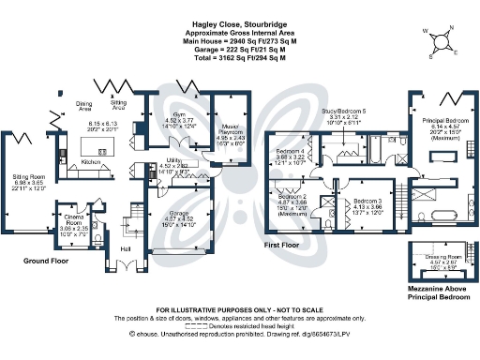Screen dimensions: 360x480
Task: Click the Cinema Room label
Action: pos(73,221)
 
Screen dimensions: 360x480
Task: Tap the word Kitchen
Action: pos(90,162)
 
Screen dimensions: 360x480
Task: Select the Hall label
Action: pos(126,248)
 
